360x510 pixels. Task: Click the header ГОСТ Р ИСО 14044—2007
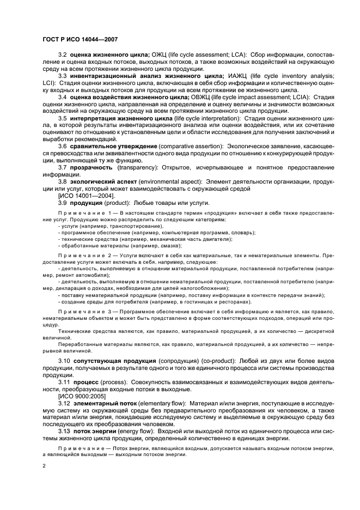point(81,39)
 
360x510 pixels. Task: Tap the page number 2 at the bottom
point(44,466)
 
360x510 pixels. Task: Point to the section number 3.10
point(64,362)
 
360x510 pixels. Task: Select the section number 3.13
point(64,431)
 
